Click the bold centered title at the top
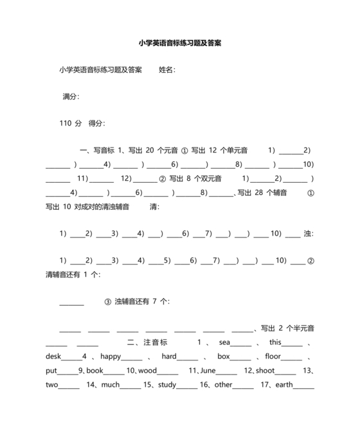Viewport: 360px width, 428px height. pos(180,43)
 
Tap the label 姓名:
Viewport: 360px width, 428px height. pos(167,70)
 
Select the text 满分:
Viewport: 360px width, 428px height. pos(71,97)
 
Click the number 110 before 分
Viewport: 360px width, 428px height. pos(65,123)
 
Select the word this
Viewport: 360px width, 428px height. pos(276,342)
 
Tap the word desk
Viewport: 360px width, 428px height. pos(53,357)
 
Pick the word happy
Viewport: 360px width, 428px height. pos(111,357)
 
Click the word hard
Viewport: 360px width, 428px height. pos(168,357)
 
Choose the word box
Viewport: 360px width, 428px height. pos(223,357)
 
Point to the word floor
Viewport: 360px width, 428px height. pos(273,357)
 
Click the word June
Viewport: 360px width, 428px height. pos(208,371)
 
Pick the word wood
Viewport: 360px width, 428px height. pos(147,371)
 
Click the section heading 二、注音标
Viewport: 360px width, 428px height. pos(147,342)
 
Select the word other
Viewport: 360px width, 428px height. pos(223,385)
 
